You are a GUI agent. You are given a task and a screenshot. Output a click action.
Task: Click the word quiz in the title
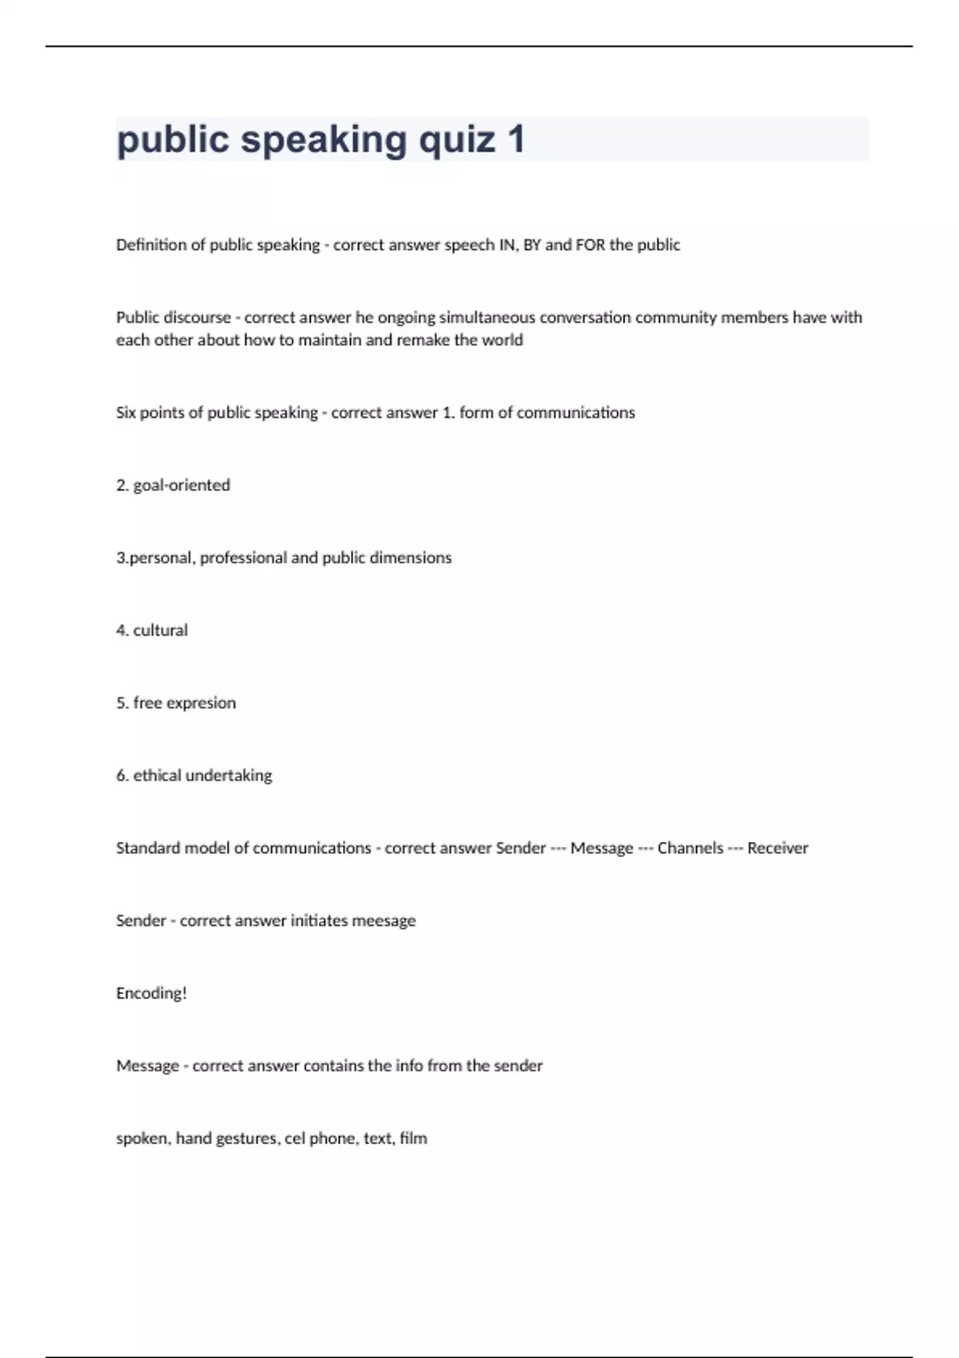457,140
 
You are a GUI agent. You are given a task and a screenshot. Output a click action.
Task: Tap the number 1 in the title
516,140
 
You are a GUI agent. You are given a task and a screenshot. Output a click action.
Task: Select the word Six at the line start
126,413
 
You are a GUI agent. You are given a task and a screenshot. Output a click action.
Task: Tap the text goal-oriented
181,486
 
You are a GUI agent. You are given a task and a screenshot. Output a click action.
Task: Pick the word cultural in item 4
161,631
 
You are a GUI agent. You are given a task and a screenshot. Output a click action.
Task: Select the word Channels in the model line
690,848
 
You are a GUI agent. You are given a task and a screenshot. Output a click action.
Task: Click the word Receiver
778,848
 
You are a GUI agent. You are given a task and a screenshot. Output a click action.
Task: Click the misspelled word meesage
384,921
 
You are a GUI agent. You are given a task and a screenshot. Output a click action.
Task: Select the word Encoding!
151,994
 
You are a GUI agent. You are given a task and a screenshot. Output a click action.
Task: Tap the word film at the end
413,1138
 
